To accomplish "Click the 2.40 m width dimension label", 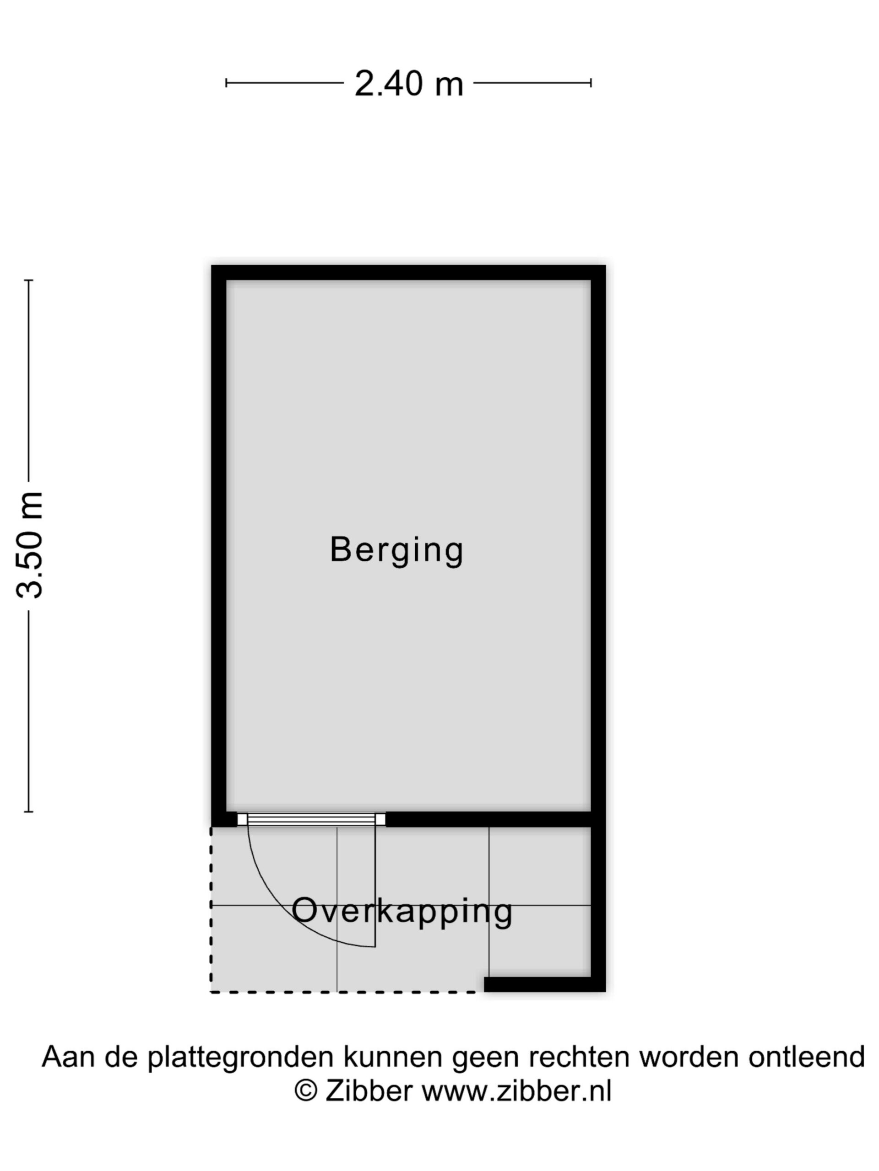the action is tap(408, 83).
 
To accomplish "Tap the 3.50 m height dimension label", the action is tap(29, 545).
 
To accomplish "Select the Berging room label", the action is tap(396, 551).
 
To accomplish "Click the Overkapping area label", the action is tap(402, 912).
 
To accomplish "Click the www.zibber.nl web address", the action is tap(516, 1091).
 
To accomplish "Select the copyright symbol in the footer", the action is tap(306, 1091).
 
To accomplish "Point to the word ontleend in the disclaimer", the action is tap(806, 1057).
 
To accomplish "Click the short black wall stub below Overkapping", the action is tap(545, 984).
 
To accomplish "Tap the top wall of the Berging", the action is tap(408, 273).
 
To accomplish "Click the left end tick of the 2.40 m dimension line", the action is tap(226, 83).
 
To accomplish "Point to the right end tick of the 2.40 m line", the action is tap(591, 83).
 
